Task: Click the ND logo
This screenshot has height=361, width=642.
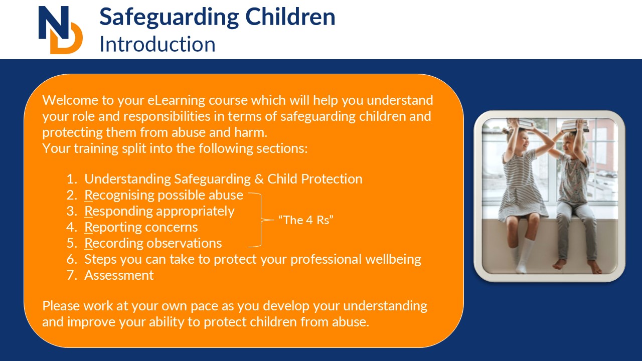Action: tap(61, 30)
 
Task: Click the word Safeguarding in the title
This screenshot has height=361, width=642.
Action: tap(169, 18)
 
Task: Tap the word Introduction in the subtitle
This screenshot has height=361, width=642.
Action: tap(157, 44)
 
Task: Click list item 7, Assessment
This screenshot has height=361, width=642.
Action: tap(119, 275)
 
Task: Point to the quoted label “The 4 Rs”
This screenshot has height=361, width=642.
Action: tap(306, 220)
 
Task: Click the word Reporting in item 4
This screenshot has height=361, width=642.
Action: tap(111, 228)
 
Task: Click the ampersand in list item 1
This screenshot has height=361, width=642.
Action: tap(259, 179)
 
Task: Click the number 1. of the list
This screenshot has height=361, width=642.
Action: tap(72, 179)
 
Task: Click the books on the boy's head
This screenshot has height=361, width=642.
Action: tap(575, 125)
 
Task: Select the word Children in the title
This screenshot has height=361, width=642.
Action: tap(290, 17)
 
